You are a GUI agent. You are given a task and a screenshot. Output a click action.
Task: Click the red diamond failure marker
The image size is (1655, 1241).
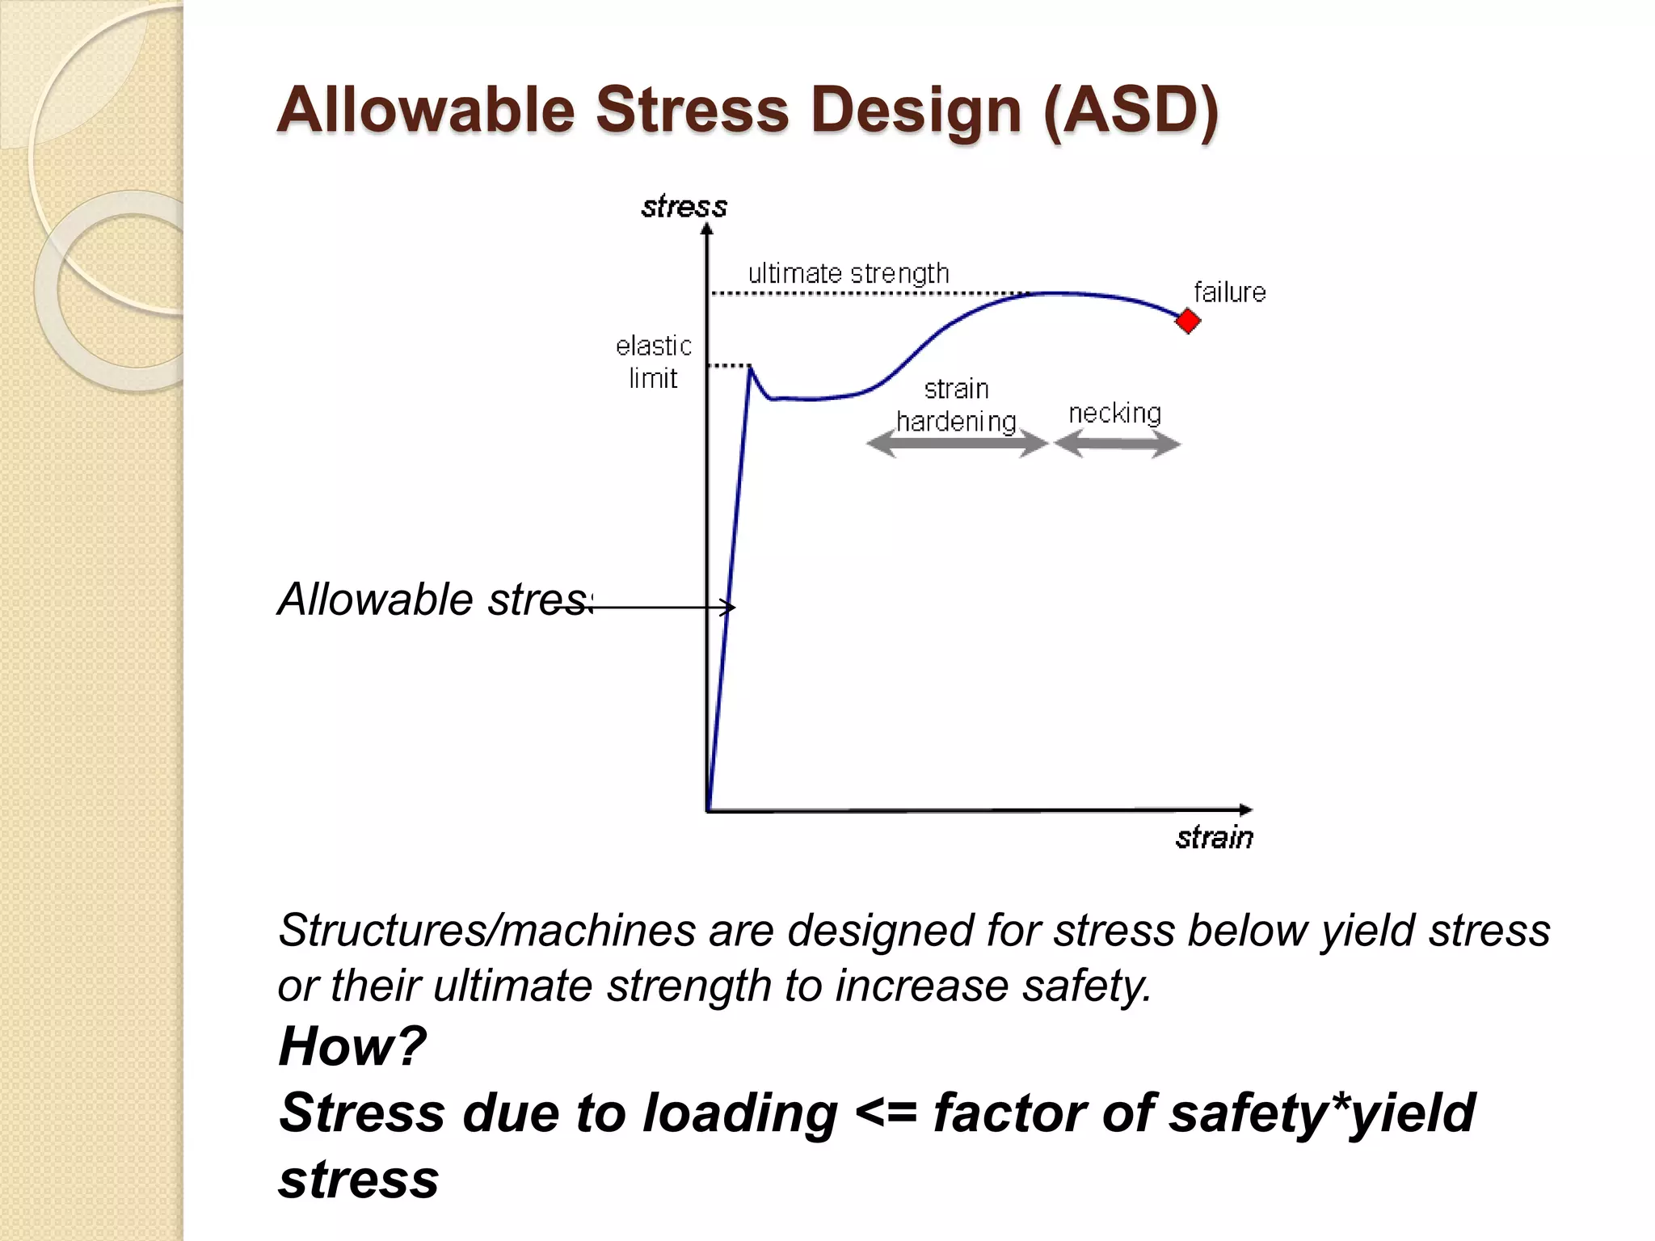[1187, 321]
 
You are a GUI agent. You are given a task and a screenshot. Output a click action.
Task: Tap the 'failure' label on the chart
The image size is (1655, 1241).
[1229, 292]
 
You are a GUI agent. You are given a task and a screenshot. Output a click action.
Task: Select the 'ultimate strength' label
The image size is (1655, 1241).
[848, 274]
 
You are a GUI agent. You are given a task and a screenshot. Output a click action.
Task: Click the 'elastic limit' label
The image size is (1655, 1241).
[653, 362]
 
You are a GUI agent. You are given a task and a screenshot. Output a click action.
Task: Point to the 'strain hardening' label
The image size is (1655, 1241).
[956, 406]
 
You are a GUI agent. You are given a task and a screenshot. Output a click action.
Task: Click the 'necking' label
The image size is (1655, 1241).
[1114, 414]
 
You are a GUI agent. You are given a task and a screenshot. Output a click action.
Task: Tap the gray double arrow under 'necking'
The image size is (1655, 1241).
[1117, 444]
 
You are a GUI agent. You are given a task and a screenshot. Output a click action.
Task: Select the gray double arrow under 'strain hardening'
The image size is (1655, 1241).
[956, 444]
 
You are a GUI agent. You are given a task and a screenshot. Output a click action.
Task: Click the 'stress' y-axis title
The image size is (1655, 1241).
[684, 208]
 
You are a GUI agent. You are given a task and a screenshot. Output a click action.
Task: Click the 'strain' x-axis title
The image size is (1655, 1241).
[1214, 838]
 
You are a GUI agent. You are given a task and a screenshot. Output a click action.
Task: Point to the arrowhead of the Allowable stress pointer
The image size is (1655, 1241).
[731, 607]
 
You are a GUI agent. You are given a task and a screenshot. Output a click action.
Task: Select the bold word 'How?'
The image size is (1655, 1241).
[352, 1045]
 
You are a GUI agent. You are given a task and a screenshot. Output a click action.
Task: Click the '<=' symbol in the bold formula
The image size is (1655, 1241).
[885, 1113]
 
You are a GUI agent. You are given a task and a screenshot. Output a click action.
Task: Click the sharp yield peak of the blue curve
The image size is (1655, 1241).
[751, 368]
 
